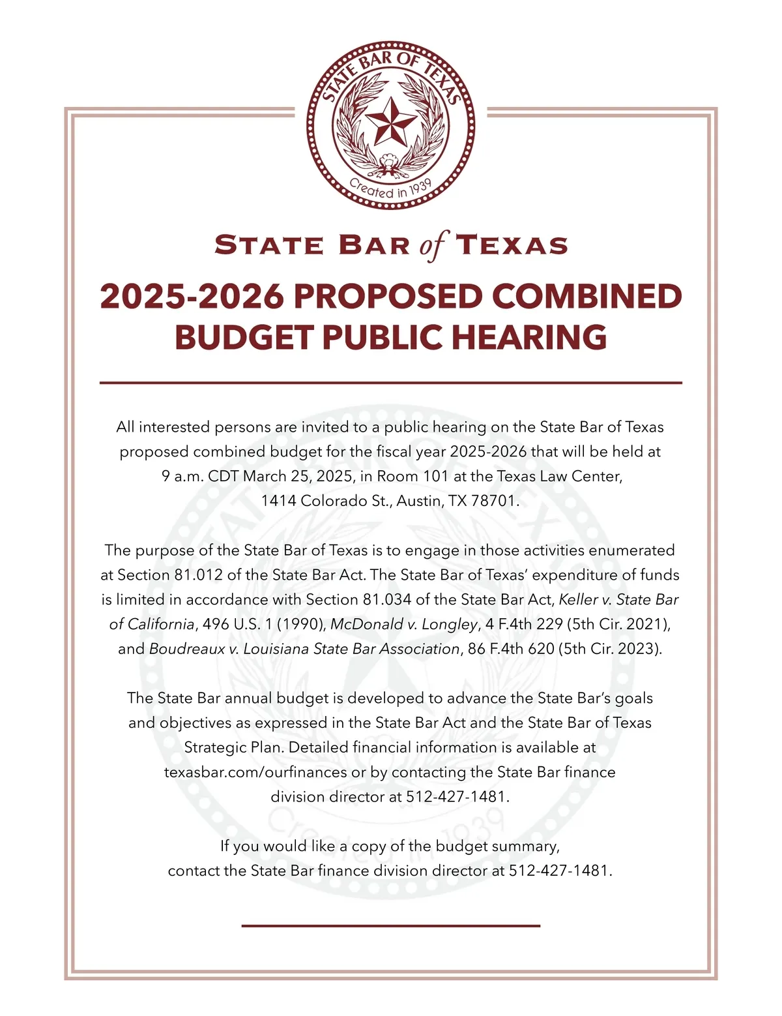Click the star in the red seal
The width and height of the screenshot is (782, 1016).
point(390,122)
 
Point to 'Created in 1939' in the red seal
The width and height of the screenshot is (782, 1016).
point(390,188)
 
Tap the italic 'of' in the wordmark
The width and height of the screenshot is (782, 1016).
point(433,246)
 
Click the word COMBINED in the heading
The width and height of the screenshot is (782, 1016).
point(586,296)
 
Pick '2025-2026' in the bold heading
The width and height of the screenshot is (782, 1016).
point(192,296)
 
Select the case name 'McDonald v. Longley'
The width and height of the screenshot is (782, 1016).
point(404,624)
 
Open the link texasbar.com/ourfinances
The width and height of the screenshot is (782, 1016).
point(255,772)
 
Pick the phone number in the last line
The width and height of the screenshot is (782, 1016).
point(560,871)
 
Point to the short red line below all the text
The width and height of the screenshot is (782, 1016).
point(390,925)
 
